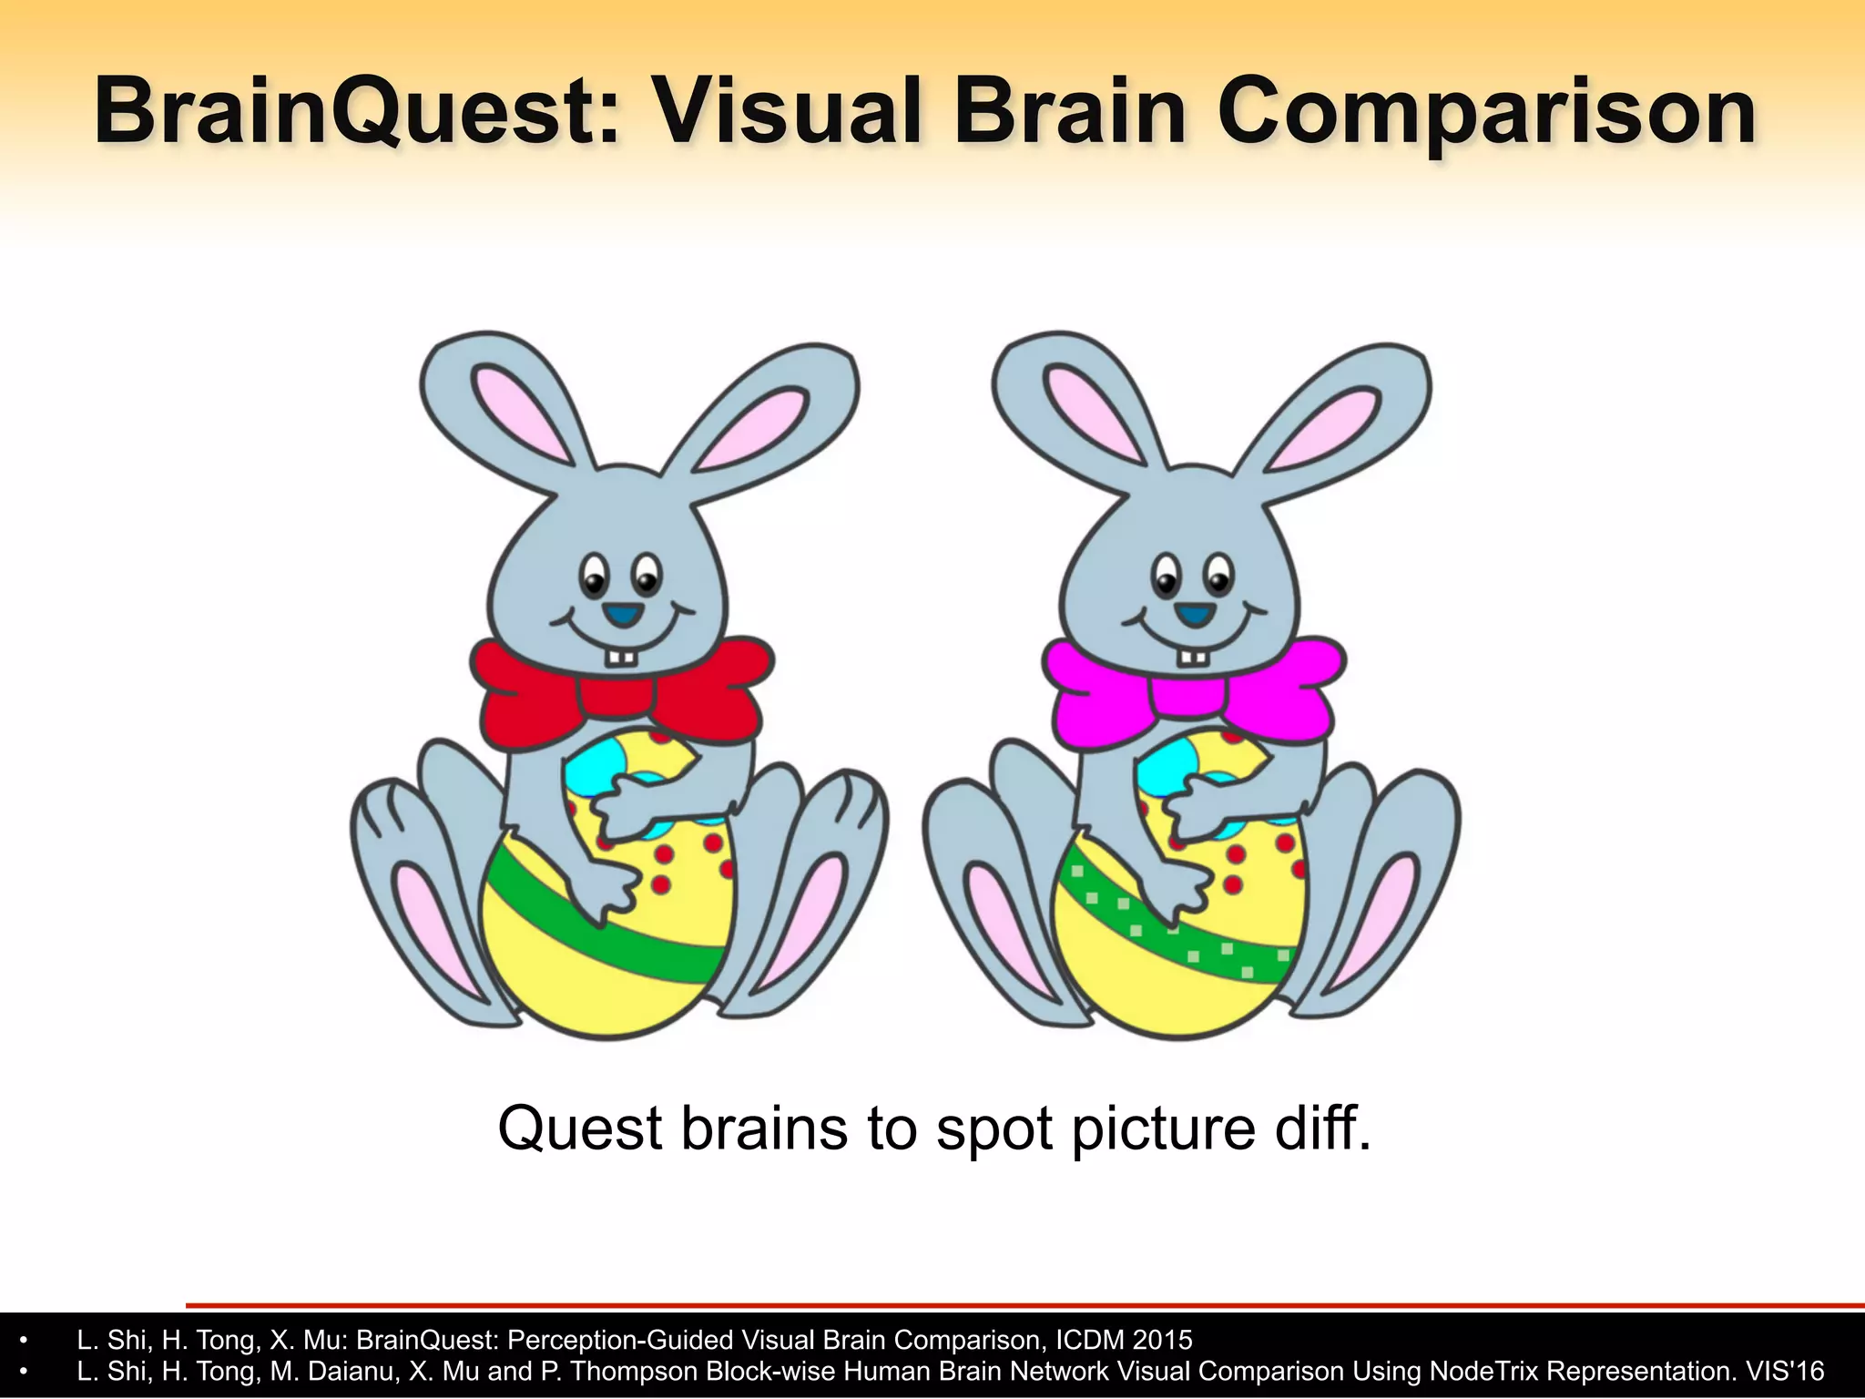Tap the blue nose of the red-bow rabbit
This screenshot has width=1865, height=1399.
(x=623, y=616)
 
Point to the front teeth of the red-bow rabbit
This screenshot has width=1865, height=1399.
(x=623, y=657)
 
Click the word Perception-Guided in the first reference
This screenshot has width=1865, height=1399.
(x=619, y=1340)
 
